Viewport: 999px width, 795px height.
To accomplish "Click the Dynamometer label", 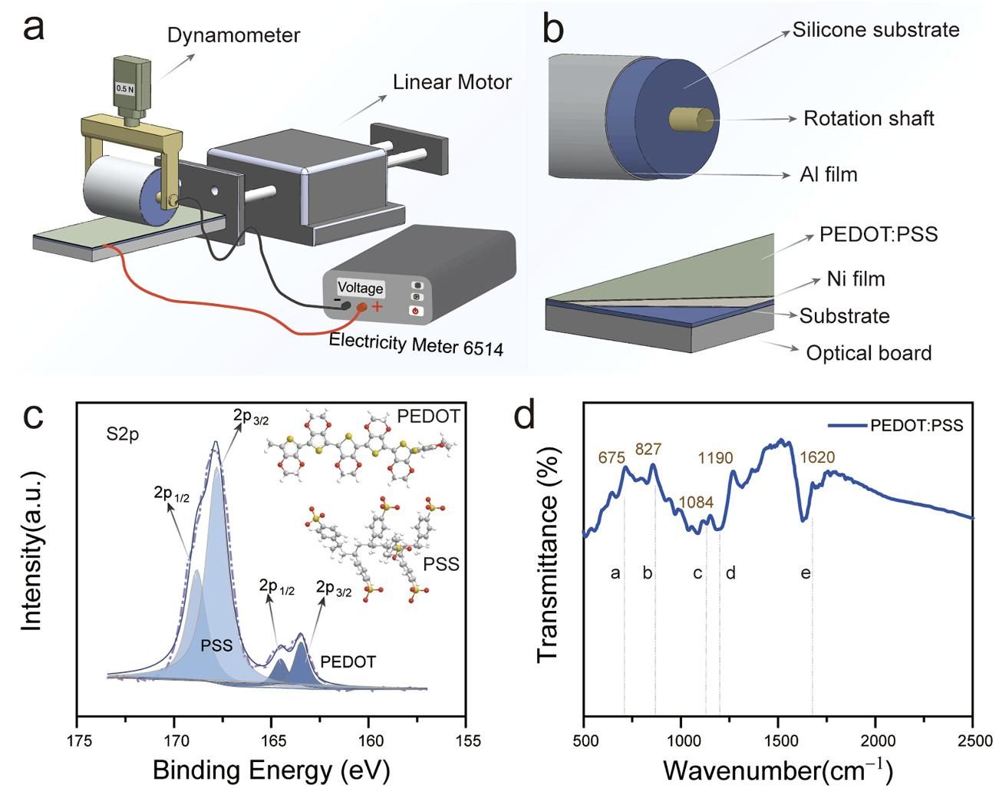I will (233, 35).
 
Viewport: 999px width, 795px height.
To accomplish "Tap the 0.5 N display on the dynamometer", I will (124, 88).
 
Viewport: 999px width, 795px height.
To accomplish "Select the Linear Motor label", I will (452, 82).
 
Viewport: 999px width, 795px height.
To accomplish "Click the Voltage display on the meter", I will (360, 288).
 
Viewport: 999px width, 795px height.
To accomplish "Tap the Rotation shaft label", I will (868, 118).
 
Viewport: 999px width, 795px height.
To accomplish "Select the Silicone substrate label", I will (875, 30).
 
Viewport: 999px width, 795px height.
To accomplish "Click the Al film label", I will (828, 174).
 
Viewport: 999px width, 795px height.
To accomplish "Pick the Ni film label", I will (856, 279).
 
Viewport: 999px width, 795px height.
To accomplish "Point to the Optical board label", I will (868, 353).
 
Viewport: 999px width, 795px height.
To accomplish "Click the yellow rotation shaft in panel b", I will (693, 120).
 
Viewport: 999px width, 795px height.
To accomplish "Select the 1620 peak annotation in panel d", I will (816, 458).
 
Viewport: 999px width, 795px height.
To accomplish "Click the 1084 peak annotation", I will (696, 503).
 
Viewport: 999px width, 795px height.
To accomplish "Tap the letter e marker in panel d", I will (806, 573).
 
